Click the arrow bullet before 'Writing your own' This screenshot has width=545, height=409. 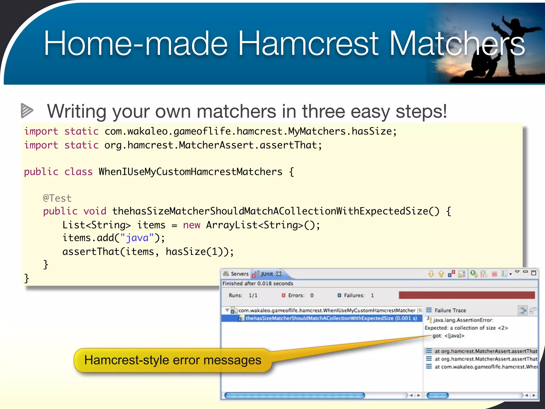[x=27, y=110]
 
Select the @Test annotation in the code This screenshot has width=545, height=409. [x=57, y=198]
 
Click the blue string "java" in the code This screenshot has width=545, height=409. [x=137, y=238]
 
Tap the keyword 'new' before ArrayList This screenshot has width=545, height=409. [x=191, y=225]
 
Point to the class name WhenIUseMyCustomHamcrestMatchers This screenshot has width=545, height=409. [x=190, y=172]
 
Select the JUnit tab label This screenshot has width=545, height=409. [x=267, y=274]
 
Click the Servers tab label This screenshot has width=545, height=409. [x=239, y=274]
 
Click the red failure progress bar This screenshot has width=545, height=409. [x=466, y=295]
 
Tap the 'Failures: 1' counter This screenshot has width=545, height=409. [x=356, y=295]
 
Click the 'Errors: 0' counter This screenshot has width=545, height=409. [x=298, y=295]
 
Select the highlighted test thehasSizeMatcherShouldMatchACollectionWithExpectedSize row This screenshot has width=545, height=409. [x=331, y=318]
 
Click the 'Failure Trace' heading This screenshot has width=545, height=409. [x=450, y=310]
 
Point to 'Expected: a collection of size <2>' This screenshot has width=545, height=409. [x=466, y=328]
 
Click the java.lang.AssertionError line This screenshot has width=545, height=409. [x=463, y=320]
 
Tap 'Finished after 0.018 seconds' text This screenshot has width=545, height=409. [x=258, y=284]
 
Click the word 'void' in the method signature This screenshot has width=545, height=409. [x=95, y=211]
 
